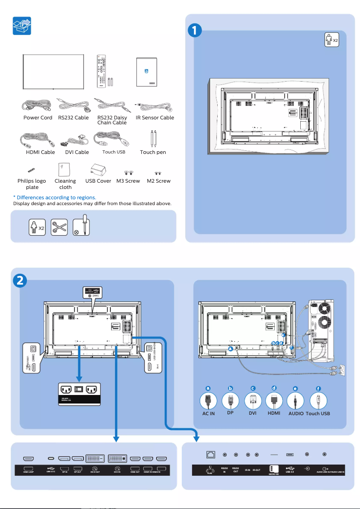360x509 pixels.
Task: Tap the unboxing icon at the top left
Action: pos(22,27)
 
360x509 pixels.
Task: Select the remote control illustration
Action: pos(102,72)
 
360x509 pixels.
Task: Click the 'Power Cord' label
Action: pos(38,118)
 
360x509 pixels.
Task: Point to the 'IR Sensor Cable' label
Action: pos(155,118)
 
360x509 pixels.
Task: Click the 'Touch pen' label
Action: pos(153,153)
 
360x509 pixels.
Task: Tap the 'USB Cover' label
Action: pos(98,181)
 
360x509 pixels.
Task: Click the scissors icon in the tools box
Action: pos(59,227)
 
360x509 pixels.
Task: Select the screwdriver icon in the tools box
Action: pos(81,224)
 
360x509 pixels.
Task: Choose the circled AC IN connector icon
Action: pos(208,400)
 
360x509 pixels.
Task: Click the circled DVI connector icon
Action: pos(253,400)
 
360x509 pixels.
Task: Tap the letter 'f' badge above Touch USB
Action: pos(318,389)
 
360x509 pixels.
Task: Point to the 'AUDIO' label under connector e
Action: pos(296,413)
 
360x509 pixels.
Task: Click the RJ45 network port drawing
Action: pos(210,455)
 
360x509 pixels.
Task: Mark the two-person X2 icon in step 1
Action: pos(331,40)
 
